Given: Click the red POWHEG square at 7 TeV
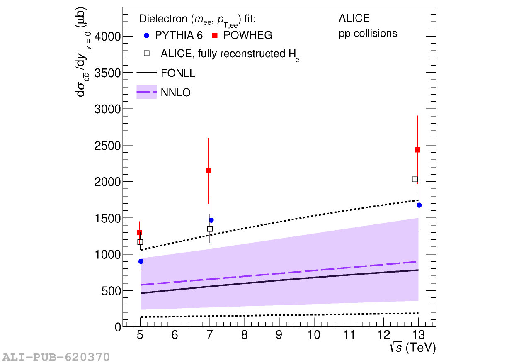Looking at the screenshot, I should click(x=208, y=171).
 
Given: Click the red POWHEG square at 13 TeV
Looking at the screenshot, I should click(x=418, y=150).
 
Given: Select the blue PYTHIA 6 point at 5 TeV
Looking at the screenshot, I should click(x=141, y=261).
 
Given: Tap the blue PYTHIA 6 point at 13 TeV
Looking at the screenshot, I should click(x=419, y=205).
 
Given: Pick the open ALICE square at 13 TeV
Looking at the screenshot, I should click(x=415, y=179).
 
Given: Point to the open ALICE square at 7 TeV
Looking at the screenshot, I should click(x=210, y=229).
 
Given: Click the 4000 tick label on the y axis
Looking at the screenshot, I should click(x=107, y=37).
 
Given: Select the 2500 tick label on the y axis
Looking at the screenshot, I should click(x=107, y=146).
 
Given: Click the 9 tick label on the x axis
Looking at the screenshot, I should click(x=279, y=335).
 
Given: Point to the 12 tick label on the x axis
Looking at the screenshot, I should click(x=383, y=335).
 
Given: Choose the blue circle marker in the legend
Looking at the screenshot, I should click(x=146, y=36).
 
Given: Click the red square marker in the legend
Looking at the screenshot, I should click(x=215, y=36).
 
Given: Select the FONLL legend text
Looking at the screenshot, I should click(x=178, y=73).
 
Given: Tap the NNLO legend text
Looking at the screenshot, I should click(x=175, y=93).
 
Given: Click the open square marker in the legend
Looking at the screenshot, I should click(x=146, y=54).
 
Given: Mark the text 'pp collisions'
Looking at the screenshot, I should click(x=368, y=33).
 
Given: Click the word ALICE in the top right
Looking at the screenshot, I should click(x=354, y=18).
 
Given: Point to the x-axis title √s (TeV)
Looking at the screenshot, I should click(x=412, y=348).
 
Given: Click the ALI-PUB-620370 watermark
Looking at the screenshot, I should click(x=56, y=357).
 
